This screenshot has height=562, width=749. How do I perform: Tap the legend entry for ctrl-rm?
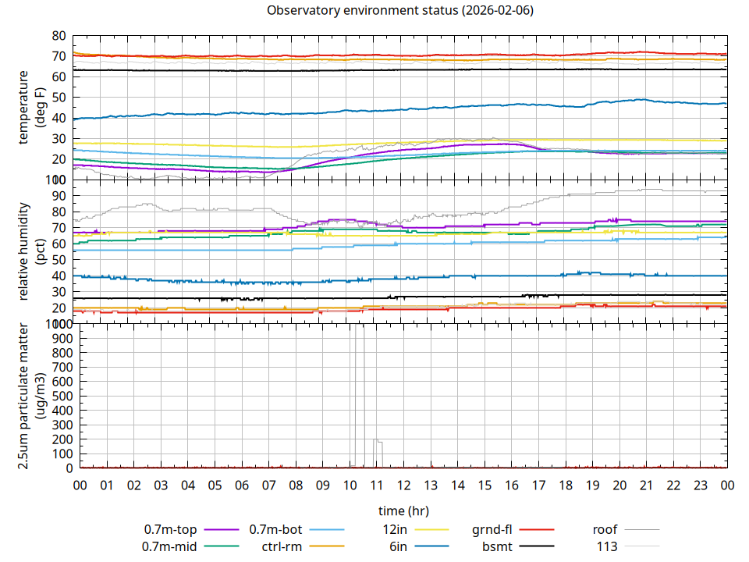coord(282,546)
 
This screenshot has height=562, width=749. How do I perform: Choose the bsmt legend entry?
coord(497,546)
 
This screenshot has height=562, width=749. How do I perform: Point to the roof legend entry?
coord(606,530)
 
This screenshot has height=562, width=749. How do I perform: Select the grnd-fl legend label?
coord(492,530)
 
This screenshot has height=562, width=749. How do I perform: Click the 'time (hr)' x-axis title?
coord(403,511)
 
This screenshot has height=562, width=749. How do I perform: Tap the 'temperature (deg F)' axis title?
coord(31,108)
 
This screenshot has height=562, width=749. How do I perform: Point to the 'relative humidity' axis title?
coord(31,251)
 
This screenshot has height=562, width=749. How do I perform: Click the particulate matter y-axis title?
coord(31,397)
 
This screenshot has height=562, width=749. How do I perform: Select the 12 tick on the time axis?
coord(403,486)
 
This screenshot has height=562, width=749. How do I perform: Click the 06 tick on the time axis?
coord(242,486)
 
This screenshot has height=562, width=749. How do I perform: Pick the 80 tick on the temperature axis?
coord(58,36)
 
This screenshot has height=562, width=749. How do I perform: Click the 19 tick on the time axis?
coord(592,486)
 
